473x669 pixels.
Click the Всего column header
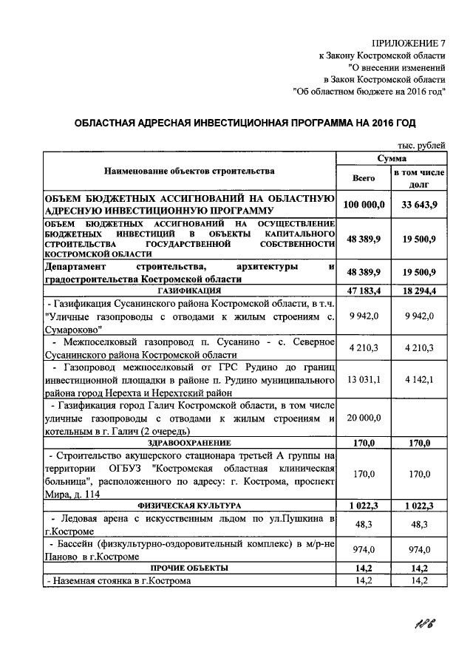pos(365,177)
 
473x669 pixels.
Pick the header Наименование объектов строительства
pos(189,171)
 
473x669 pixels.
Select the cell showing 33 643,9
pos(419,204)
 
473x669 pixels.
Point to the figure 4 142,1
pos(419,380)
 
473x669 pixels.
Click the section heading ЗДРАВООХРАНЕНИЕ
pos(189,443)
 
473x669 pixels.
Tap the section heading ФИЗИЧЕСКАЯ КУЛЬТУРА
pos(189,505)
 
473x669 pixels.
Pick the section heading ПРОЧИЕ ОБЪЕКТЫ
pos(189,568)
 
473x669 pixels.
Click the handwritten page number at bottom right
pos(424,628)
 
